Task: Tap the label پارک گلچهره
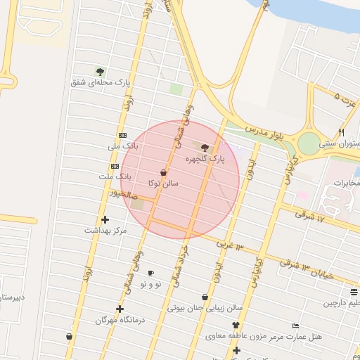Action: click(x=205, y=160)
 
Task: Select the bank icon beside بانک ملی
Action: click(x=122, y=135)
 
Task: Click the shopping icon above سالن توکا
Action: click(x=163, y=172)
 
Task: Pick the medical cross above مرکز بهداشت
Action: click(x=105, y=219)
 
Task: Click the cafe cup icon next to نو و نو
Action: click(x=150, y=273)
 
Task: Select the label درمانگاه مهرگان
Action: click(x=120, y=320)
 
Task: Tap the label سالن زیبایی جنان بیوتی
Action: click(x=205, y=308)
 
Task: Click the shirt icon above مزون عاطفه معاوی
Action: click(x=236, y=326)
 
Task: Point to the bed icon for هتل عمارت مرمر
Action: click(x=295, y=326)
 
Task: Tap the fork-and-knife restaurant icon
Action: click(x=342, y=132)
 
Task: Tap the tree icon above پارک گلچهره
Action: click(x=205, y=148)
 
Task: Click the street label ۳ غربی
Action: click(x=229, y=245)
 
